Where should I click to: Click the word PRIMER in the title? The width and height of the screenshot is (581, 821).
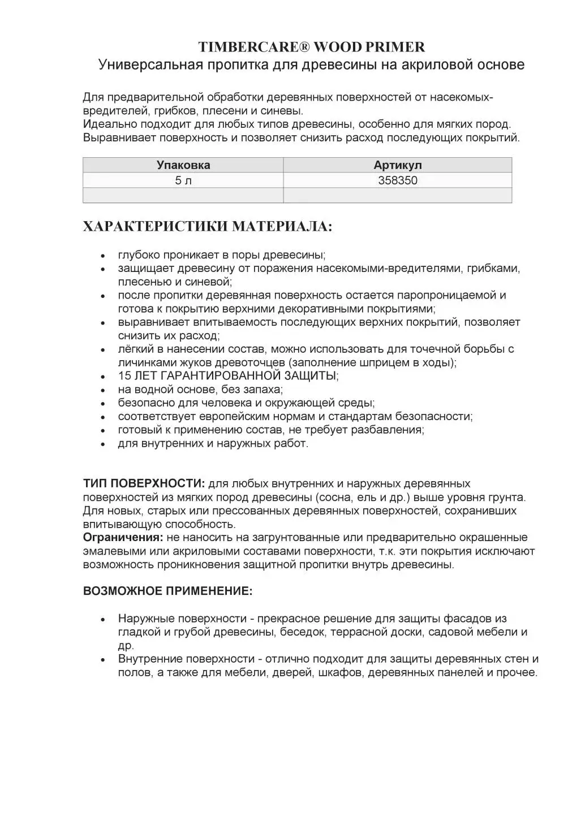399,46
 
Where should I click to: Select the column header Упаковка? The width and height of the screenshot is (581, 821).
183,165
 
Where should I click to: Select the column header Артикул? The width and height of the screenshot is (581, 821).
398,165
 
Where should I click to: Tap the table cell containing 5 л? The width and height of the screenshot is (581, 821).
183,180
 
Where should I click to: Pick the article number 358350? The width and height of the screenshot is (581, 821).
398,180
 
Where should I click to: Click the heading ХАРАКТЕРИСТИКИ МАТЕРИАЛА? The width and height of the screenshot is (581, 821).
208,227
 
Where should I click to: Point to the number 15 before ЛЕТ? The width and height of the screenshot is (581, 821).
124,376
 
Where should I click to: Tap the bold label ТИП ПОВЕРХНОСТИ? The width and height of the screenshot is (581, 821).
144,484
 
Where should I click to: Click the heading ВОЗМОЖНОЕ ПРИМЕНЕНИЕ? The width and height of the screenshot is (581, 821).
167,591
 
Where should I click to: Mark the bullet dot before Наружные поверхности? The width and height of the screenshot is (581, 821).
103,620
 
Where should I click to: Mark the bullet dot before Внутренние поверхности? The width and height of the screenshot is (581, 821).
103,660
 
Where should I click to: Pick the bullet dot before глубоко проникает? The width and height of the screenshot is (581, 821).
103,256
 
